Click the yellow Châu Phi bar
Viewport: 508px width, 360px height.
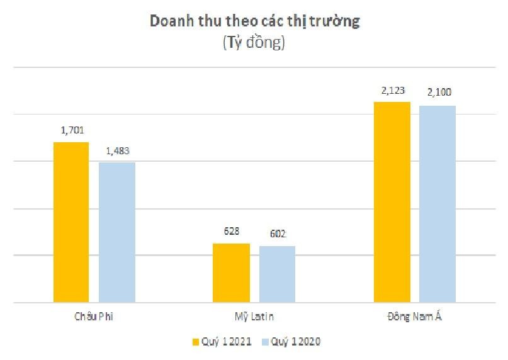point(71,222)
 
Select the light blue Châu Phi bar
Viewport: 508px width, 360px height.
point(117,232)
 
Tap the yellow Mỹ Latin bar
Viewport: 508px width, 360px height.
point(232,273)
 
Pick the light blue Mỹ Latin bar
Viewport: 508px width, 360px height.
point(278,274)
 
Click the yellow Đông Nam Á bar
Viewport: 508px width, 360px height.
point(392,202)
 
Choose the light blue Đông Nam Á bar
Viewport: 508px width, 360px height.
point(437,204)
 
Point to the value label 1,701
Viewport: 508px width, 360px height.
point(72,131)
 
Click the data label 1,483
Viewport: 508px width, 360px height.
point(118,151)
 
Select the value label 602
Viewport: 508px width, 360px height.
point(278,234)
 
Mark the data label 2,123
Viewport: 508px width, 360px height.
point(392,91)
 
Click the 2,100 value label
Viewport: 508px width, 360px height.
point(438,93)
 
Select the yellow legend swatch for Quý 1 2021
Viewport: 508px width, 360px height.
point(196,341)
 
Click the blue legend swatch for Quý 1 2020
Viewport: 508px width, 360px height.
point(265,341)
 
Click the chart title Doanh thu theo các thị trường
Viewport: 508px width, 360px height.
point(254,21)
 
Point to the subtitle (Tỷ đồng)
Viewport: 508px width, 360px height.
point(254,43)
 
